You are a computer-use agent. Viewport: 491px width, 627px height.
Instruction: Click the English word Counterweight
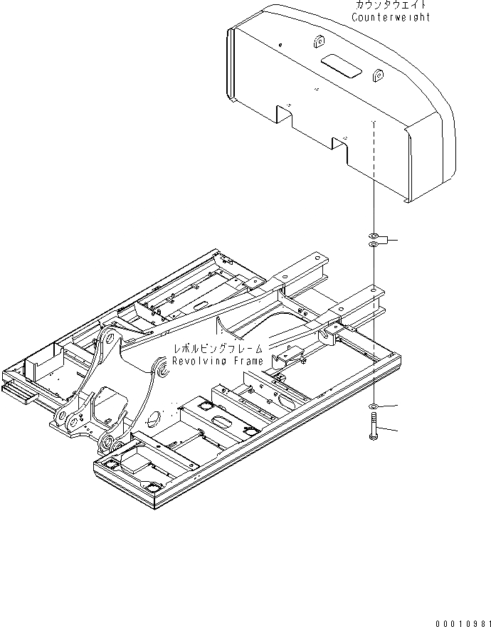(x=391, y=17)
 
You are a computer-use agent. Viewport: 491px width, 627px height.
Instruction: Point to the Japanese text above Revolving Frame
(x=218, y=349)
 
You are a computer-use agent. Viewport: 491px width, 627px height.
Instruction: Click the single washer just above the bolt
(x=373, y=406)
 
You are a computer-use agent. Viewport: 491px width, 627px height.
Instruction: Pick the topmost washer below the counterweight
(x=373, y=236)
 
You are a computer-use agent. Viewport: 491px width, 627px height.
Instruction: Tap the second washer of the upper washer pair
(x=373, y=245)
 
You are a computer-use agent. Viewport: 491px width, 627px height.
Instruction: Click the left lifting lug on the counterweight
(x=315, y=41)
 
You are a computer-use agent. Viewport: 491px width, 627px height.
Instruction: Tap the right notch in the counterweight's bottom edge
(x=339, y=147)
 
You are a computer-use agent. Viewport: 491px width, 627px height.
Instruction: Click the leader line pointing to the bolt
(x=388, y=431)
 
